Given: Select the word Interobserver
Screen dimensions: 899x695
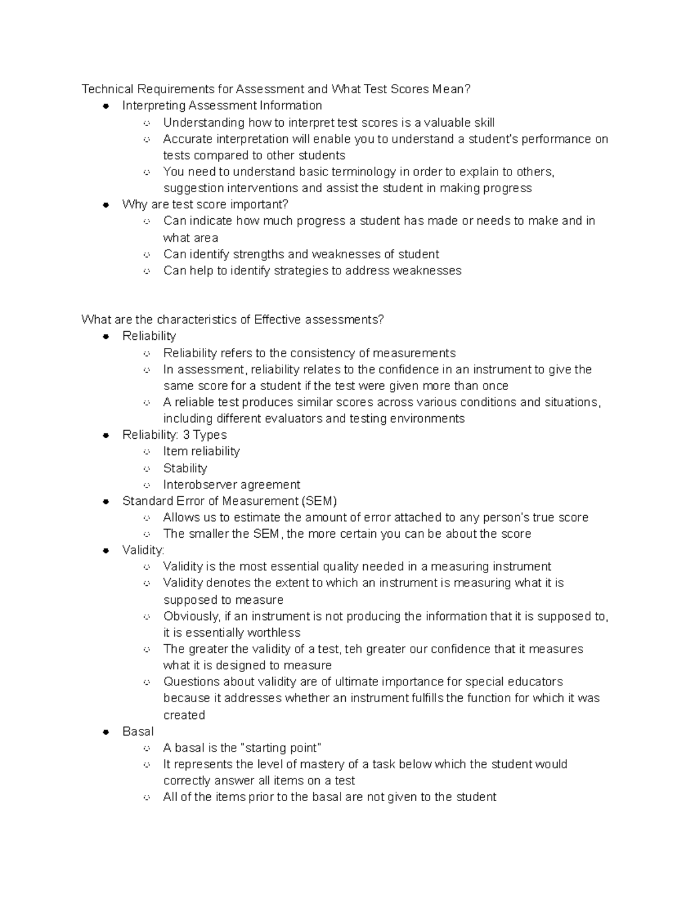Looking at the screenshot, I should tap(200, 485).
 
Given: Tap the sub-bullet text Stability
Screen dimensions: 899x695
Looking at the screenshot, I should tap(185, 468).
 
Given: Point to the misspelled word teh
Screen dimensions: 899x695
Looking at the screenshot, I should tap(353, 649).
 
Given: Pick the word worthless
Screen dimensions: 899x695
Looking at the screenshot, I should tap(274, 633).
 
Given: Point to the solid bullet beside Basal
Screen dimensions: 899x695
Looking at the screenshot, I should tap(106, 732).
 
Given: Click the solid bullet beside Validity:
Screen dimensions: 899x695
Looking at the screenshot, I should tap(106, 551).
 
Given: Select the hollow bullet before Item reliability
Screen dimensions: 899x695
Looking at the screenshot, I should tap(147, 452).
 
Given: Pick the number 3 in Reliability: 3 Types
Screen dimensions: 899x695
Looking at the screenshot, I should tap(186, 435).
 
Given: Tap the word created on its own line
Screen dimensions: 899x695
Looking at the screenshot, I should tap(184, 715).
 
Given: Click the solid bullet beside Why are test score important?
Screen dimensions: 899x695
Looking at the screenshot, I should tap(106, 204).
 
